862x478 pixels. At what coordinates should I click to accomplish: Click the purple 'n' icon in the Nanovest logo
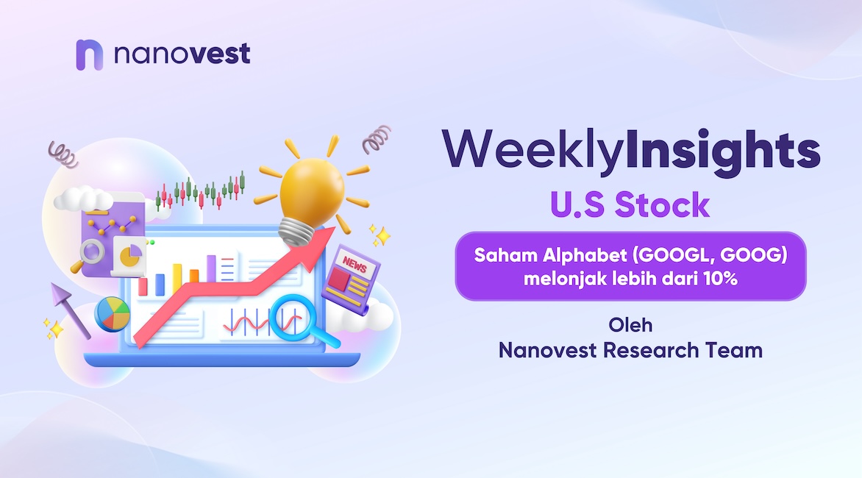pyautogui.click(x=90, y=54)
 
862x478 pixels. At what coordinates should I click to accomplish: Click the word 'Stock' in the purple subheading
pyautogui.click(x=662, y=205)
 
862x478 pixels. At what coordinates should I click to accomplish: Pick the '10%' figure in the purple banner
pyautogui.click(x=719, y=279)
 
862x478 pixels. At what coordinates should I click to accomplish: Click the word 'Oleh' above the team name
pyautogui.click(x=630, y=325)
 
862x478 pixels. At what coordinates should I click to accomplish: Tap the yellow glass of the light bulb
pyautogui.click(x=311, y=190)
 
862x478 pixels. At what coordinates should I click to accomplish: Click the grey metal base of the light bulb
pyautogui.click(x=297, y=232)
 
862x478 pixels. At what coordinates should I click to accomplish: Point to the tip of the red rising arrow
pyautogui.click(x=334, y=227)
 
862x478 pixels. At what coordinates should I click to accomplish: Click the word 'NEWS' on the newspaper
pyautogui.click(x=355, y=265)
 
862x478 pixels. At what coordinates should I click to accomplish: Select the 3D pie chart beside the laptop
pyautogui.click(x=113, y=314)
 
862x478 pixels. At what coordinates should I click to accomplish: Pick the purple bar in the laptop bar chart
pyautogui.click(x=212, y=268)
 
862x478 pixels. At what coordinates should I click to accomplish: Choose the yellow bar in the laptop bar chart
pyautogui.click(x=177, y=279)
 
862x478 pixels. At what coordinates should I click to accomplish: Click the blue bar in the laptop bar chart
pyautogui.click(x=160, y=285)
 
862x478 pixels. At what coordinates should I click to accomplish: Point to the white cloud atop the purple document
pyautogui.click(x=82, y=199)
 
